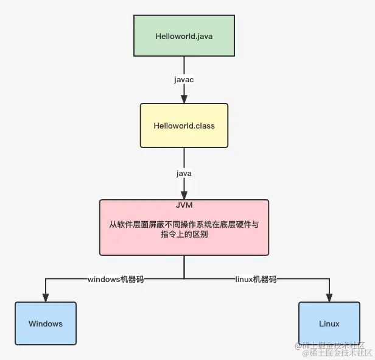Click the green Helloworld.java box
click(x=184, y=36)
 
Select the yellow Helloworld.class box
click(x=184, y=125)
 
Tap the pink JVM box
click(x=184, y=227)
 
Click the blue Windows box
click(x=46, y=323)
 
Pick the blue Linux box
click(x=329, y=323)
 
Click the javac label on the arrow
click(x=184, y=79)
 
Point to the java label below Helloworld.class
click(x=184, y=174)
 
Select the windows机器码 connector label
click(x=116, y=279)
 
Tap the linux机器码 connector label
click(x=256, y=279)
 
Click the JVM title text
click(x=184, y=206)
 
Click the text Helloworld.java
click(x=184, y=36)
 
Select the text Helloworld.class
click(x=184, y=126)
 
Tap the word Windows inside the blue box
click(x=46, y=324)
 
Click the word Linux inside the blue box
click(x=329, y=324)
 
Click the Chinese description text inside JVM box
click(x=184, y=229)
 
